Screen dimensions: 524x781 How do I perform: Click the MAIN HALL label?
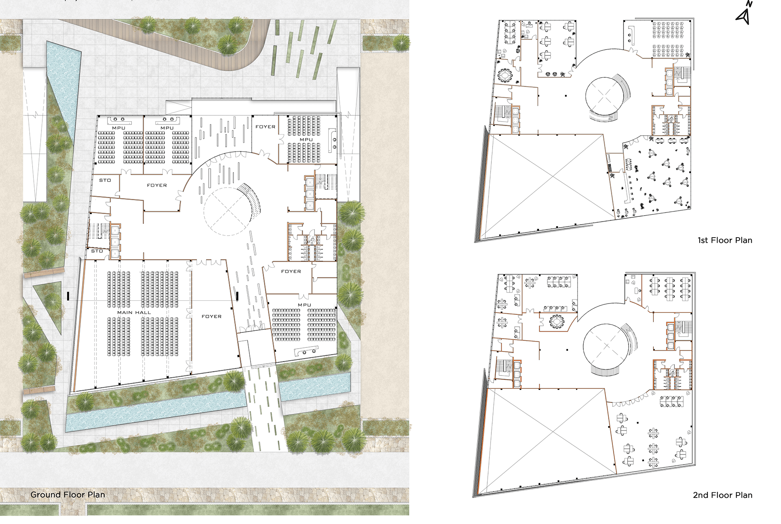[134, 312]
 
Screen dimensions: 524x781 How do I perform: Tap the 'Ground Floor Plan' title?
[68, 495]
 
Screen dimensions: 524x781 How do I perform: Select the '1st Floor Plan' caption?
[725, 240]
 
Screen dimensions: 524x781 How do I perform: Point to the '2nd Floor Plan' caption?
[722, 495]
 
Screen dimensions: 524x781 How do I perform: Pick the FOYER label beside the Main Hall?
[212, 316]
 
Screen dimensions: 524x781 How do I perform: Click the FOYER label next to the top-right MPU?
[265, 127]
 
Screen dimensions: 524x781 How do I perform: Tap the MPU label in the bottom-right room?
[304, 305]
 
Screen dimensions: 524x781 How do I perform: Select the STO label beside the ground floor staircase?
[97, 251]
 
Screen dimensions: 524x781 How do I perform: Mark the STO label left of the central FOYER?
[105, 180]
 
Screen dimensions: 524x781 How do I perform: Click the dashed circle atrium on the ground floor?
[227, 211]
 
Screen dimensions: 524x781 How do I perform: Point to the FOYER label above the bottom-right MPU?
[291, 271]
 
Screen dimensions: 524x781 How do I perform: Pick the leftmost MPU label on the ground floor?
[118, 128]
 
